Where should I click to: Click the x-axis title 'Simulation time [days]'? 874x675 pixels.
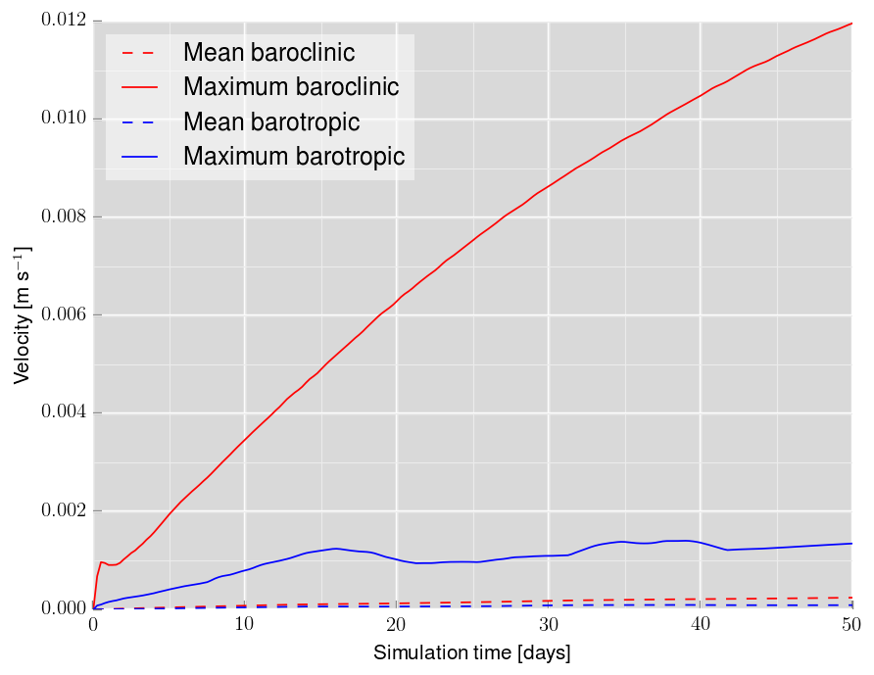coord(471,652)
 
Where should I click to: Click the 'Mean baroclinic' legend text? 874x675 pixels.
coord(268,52)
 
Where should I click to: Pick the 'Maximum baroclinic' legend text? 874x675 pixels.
coord(291,87)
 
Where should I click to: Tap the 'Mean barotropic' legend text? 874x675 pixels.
coord(271,122)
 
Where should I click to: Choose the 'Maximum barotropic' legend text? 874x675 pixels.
coord(294,157)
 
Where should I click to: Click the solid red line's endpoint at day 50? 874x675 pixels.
coord(851,23)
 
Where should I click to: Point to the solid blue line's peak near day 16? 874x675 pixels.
coord(336,549)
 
